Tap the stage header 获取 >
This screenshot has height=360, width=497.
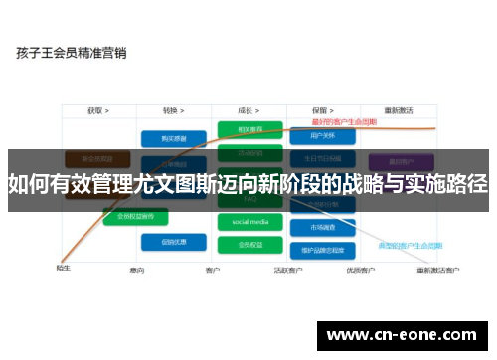96,111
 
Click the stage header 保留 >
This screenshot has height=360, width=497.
320,111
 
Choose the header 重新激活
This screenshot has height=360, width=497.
399,111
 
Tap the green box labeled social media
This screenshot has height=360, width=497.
250,222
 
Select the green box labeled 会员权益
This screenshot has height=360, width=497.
250,243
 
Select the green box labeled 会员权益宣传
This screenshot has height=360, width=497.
134,215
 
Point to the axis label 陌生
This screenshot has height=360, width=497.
63,269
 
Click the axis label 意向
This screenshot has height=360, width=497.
137,270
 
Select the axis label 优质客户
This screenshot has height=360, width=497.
360,270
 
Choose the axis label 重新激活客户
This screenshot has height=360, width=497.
437,270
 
